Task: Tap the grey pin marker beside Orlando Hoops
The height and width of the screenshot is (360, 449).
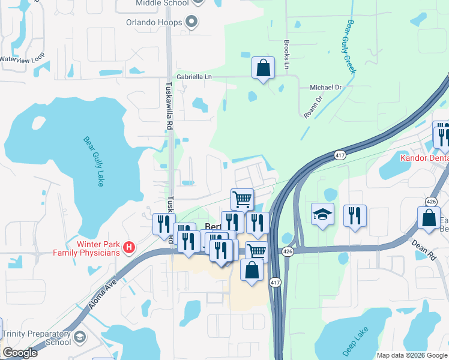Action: point(192,23)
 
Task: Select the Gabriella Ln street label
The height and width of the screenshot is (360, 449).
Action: point(194,77)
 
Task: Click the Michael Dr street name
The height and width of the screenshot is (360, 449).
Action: point(325,88)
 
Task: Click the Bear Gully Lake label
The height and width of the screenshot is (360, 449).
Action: point(94,161)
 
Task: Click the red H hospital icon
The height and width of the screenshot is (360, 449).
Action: point(128,247)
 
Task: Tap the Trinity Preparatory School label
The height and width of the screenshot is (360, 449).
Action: point(37,338)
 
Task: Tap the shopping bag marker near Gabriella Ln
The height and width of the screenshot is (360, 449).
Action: point(263,68)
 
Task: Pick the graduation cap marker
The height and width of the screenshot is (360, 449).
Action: point(322,214)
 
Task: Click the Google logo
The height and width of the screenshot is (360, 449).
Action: point(19,353)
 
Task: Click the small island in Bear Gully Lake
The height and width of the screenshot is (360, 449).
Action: point(38,123)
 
